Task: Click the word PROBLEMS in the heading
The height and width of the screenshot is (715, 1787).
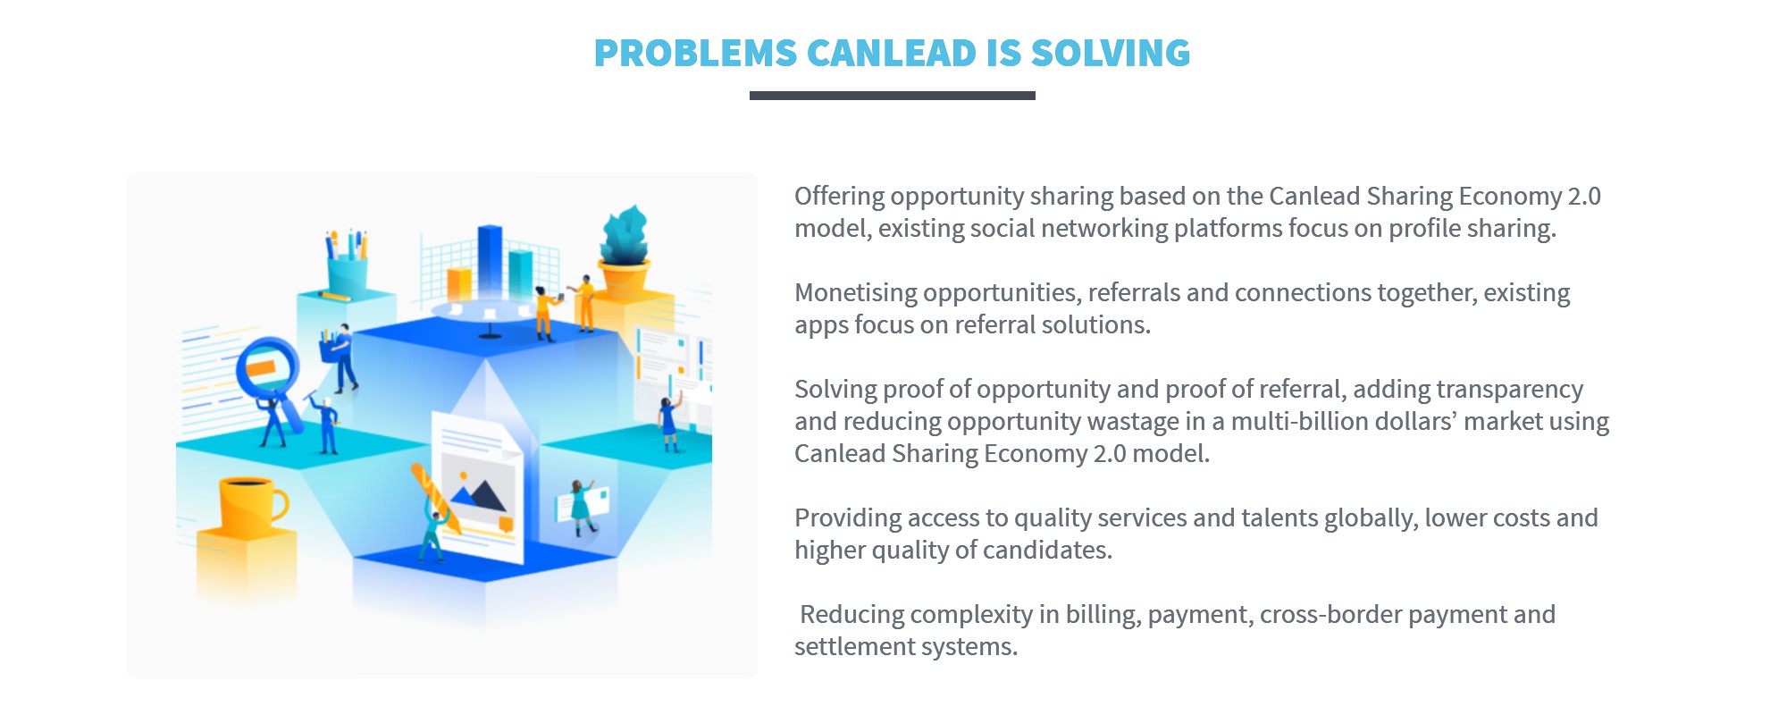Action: point(695,54)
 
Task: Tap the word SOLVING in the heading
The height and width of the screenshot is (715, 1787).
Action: point(1111,54)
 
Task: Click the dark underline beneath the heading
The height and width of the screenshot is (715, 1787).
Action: point(893,96)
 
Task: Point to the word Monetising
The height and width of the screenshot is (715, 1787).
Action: point(846,293)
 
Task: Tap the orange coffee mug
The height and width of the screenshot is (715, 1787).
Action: point(251,505)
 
